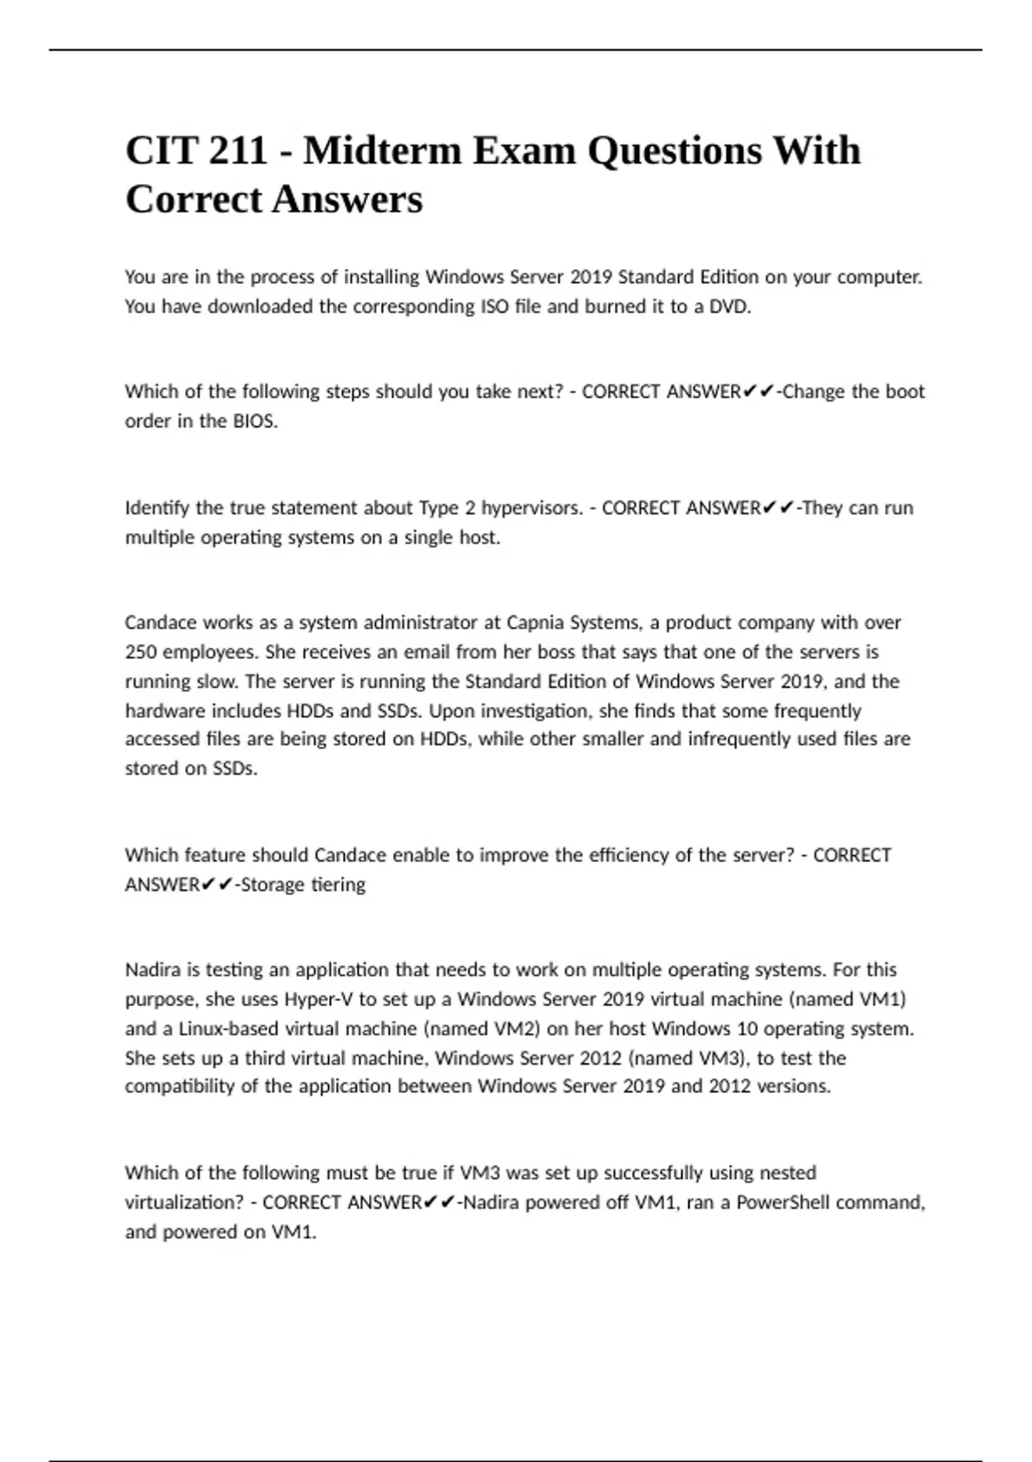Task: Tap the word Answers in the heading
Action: pyautogui.click(x=347, y=200)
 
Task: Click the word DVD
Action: pyautogui.click(x=729, y=306)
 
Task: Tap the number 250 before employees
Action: pyautogui.click(x=141, y=652)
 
